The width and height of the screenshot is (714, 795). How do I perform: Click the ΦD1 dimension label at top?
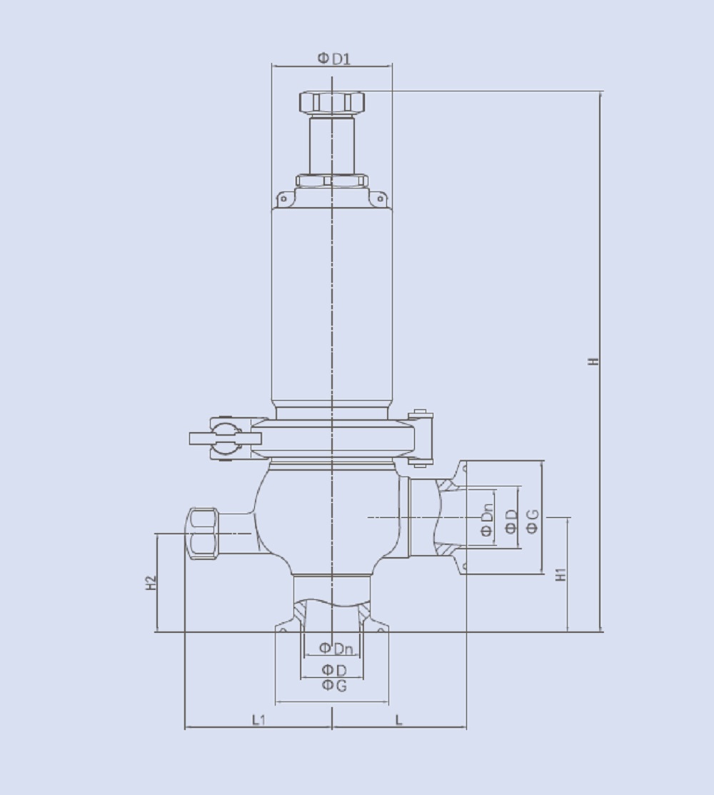[333, 58]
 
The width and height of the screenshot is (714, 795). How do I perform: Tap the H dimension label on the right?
[593, 361]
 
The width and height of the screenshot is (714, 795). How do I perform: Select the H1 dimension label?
[561, 574]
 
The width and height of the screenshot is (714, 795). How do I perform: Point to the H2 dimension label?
[151, 582]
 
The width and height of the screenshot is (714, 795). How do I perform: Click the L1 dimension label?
[258, 720]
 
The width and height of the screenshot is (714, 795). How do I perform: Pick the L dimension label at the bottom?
[399, 720]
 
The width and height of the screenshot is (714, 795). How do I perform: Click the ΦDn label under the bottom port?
[336, 649]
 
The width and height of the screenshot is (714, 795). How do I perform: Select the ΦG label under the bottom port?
[333, 686]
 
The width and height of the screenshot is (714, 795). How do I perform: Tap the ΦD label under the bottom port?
[333, 670]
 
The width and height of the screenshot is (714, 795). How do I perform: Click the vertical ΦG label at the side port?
[532, 527]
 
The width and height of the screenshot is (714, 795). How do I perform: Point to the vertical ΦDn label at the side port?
[487, 519]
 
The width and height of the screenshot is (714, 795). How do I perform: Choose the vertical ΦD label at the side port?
[511, 522]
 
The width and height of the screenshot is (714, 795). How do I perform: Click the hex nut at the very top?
[332, 102]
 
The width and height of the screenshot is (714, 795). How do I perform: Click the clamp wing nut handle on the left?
[214, 438]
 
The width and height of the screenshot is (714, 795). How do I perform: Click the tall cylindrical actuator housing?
[332, 304]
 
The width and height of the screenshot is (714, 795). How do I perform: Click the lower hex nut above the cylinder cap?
[332, 181]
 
